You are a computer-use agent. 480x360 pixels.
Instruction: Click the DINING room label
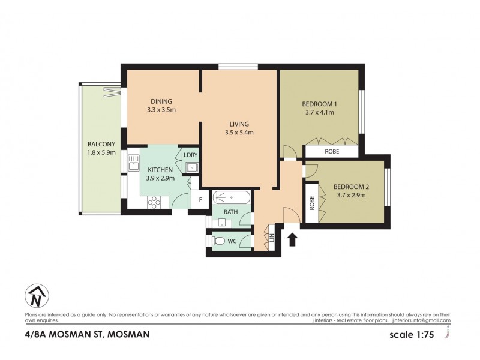(x=161, y=101)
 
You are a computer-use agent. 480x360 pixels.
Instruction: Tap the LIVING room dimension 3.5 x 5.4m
(x=239, y=133)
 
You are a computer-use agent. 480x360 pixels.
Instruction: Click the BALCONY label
(x=98, y=144)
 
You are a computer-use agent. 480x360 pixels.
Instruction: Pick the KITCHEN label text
(x=161, y=170)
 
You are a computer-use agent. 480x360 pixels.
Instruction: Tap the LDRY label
(x=191, y=155)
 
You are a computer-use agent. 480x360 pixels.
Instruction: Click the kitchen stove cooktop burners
(x=154, y=202)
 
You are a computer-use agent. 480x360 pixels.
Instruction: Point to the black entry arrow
(x=292, y=240)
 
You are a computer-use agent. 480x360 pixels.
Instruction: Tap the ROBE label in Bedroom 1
(x=332, y=152)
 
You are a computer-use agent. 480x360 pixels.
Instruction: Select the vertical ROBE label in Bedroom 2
(x=312, y=203)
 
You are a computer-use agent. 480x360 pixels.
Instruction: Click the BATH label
(x=231, y=212)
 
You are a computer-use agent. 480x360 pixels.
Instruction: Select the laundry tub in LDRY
(x=191, y=167)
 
